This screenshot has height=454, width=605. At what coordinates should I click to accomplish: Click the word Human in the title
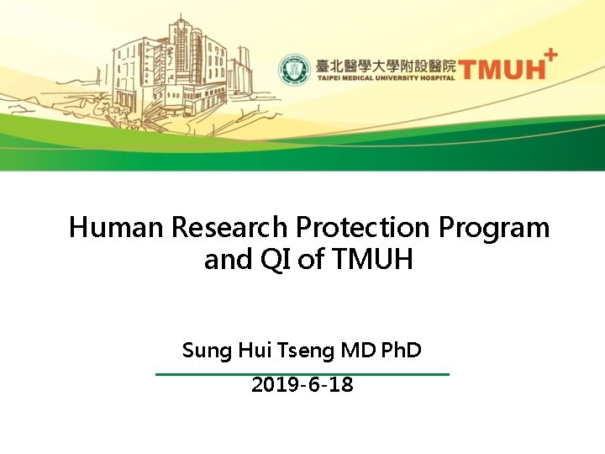[x=116, y=227]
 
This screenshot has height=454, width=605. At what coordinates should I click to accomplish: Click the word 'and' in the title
[x=228, y=261]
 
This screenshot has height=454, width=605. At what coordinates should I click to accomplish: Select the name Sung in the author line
[x=203, y=350]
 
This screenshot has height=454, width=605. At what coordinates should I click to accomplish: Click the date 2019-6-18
[x=302, y=385]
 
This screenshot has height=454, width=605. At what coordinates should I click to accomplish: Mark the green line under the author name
[x=302, y=373]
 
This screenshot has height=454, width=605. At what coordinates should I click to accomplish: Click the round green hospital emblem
[x=296, y=70]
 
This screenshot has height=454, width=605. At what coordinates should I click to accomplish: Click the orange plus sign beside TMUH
[x=550, y=55]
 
